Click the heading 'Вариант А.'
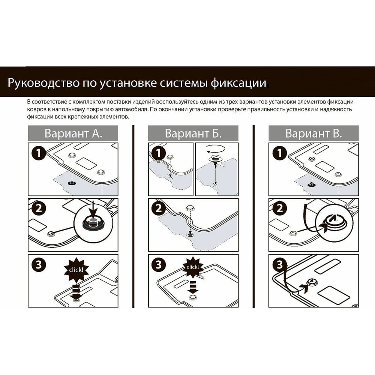(73, 133)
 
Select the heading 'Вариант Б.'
(193, 133)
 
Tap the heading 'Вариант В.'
(313, 133)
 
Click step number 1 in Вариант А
(39, 153)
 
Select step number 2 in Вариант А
(39, 208)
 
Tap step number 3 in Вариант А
(39, 265)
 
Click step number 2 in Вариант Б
(159, 208)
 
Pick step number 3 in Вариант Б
(159, 265)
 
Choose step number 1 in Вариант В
(279, 153)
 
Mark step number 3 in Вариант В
(279, 265)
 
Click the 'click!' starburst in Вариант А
(76, 270)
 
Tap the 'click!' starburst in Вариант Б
(193, 267)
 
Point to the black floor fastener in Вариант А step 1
(72, 183)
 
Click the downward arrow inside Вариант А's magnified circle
(93, 210)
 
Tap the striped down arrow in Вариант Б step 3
(193, 286)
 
